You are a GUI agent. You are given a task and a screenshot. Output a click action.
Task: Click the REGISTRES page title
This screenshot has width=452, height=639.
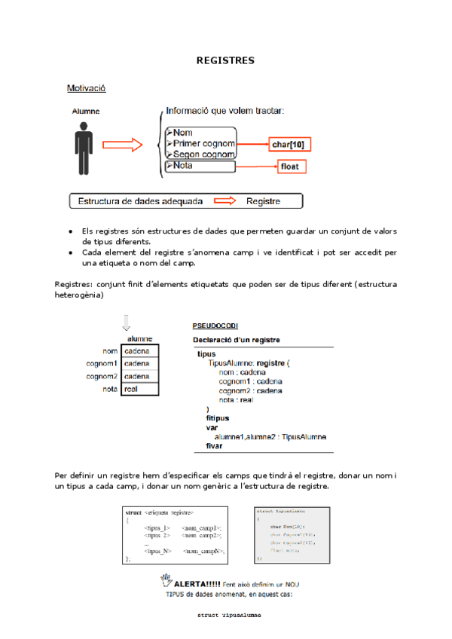[x=225, y=60]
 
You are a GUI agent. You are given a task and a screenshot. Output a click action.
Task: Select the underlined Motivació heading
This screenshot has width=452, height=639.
[x=86, y=88]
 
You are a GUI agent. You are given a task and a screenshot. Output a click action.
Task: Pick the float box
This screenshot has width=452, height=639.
[x=290, y=167]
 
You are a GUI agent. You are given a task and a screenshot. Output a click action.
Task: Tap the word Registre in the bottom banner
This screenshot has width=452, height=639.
[x=263, y=201]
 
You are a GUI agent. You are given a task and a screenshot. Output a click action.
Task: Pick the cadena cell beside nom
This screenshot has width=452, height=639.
[x=140, y=350]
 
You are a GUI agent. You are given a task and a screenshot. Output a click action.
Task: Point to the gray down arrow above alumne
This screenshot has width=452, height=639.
[x=126, y=323]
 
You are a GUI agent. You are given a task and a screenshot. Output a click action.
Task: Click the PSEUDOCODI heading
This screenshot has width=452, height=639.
[x=215, y=326]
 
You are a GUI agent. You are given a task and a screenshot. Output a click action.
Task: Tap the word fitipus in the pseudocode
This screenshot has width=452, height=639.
[x=218, y=417]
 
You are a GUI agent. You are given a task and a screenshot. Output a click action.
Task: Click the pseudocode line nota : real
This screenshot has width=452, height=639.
[x=236, y=400]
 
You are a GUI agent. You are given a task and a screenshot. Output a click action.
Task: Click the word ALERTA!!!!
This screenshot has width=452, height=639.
[x=197, y=583]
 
